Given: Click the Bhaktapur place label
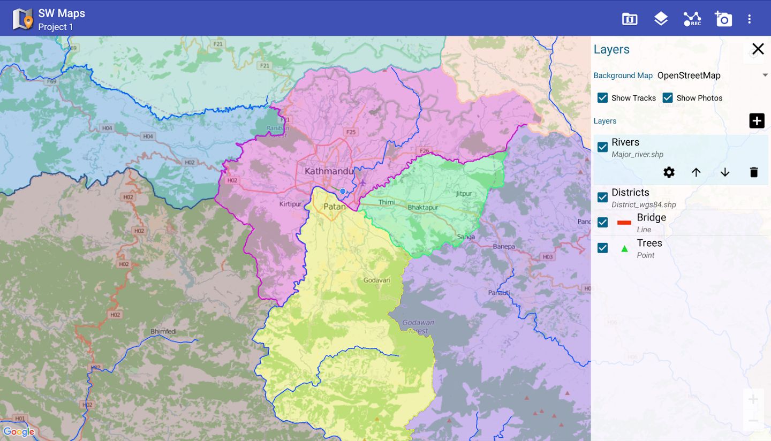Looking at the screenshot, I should point(423,207).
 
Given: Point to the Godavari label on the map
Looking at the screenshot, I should point(377,280).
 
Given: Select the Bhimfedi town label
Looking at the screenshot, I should point(163,332).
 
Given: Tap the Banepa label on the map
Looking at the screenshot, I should point(504,247).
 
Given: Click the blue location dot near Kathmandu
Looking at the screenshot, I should point(343,191).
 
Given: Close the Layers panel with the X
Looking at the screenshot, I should point(758,49).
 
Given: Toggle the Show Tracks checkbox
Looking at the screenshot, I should point(603,98).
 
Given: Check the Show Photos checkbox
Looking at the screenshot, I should point(668,98).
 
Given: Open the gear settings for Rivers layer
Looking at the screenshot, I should point(669,172).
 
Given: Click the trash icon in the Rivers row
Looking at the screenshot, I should point(754,172).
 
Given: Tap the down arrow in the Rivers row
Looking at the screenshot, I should point(725,172).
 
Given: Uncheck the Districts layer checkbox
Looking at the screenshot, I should point(603,197).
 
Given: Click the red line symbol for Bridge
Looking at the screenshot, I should point(624,223).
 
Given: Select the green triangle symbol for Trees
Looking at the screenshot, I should point(624,248).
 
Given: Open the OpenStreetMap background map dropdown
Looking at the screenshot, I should point(712,75).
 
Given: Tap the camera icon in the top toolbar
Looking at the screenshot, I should point(723,19).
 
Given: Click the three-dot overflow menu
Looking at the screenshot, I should point(749,19).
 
